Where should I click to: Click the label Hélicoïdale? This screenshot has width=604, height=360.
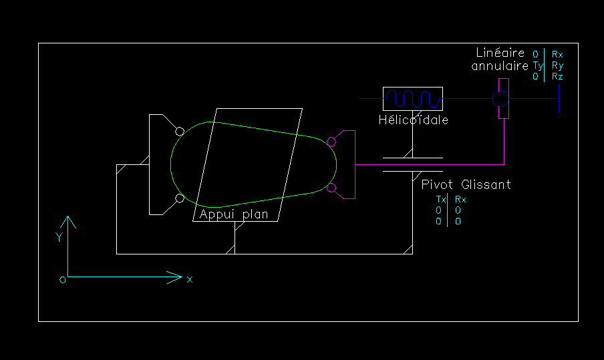tap(413, 120)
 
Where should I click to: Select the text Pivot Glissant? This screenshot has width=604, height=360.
tap(466, 184)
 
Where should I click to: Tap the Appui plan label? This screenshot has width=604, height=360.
tap(234, 214)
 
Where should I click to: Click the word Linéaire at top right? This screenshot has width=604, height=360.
tap(498, 53)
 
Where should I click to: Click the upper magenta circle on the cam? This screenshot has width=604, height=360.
tap(331, 141)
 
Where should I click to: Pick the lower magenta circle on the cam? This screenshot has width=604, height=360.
tap(331, 188)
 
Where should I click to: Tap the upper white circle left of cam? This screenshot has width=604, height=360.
tap(180, 131)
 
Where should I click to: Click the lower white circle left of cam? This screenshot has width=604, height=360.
tap(180, 198)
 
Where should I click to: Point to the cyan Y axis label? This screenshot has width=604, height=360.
tap(59, 237)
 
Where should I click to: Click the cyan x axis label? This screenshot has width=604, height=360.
tap(190, 279)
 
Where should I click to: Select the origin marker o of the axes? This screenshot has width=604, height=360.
tap(62, 280)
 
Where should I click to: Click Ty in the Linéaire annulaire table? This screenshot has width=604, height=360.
tap(537, 65)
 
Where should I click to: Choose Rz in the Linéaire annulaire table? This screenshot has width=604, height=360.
tap(557, 77)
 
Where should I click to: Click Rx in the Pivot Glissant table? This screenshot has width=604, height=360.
tap(460, 200)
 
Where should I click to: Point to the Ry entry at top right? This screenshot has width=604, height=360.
tap(557, 65)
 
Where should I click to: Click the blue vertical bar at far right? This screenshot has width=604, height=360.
tap(559, 99)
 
